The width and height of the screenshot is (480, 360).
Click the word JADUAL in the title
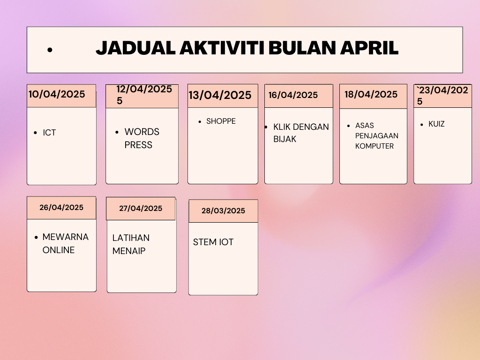pos(135,48)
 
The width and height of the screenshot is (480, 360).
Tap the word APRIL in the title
pos(369,48)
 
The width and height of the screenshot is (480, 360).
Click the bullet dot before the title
pos(50,50)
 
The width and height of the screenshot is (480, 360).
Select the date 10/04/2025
pos(57,94)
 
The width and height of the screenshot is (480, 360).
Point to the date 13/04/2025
pos(220,95)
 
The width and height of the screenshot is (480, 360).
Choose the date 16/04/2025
pos(293,95)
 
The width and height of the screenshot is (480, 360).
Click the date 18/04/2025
pos(371,94)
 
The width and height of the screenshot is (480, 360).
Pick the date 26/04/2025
pos(61,207)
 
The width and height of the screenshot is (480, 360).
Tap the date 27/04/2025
pos(141,208)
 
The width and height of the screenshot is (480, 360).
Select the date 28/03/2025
pos(223,210)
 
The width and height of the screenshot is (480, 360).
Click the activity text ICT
pos(49,133)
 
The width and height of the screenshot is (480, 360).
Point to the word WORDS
pos(142,132)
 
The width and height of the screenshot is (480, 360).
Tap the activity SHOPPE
pos(221,121)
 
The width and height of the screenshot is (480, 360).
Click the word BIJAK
pos(285,139)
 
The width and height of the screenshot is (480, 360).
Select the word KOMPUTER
pos(375,146)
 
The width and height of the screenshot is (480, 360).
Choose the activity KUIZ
pos(436,124)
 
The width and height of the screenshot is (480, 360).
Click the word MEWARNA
pos(65,237)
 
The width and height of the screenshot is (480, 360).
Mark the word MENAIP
pos(129,251)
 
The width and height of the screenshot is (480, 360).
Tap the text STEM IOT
pos(213,242)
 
